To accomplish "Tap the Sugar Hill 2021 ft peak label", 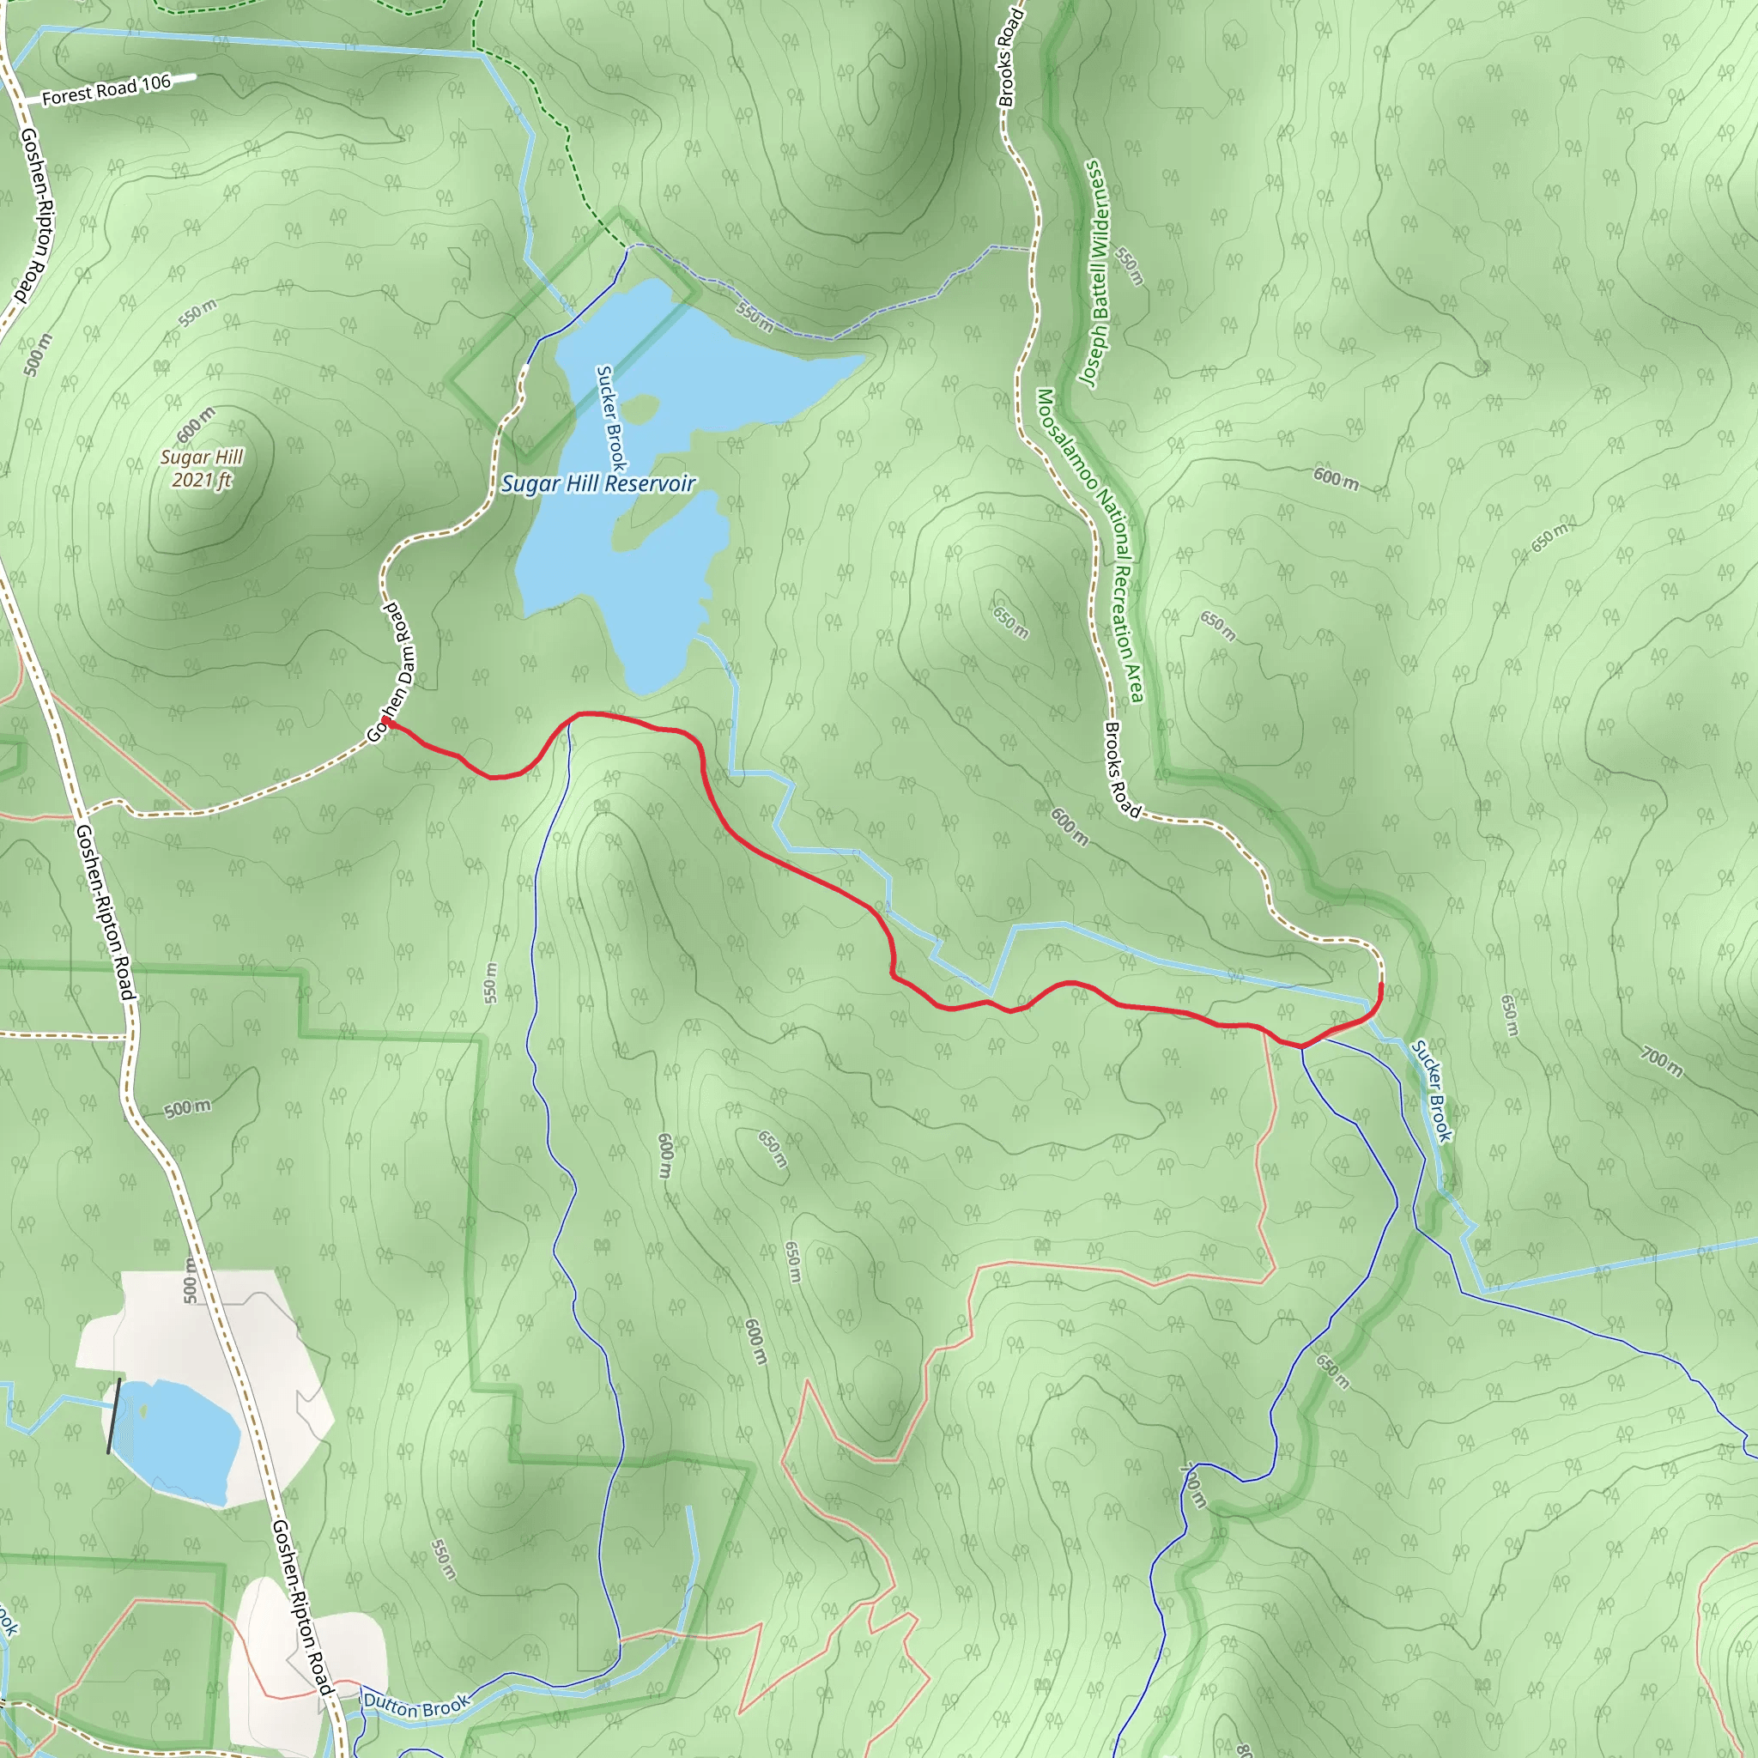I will click(x=201, y=468).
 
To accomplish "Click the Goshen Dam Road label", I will click(x=391, y=672).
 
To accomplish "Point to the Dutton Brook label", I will click(x=416, y=1706).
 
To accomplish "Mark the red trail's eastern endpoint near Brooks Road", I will click(x=1380, y=985).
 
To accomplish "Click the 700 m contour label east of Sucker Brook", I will click(x=1662, y=1061).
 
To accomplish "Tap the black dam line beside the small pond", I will click(x=112, y=1415).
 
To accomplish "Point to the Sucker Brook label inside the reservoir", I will click(x=609, y=418).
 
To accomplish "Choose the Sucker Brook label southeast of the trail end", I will click(x=1431, y=1090).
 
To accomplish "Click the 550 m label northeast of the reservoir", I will click(x=755, y=316).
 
